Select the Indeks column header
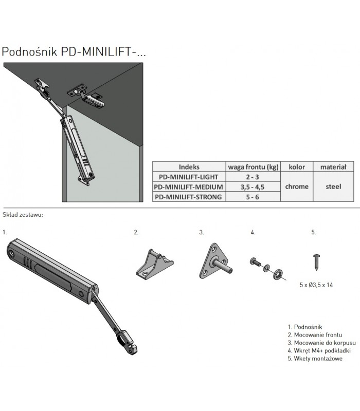189,167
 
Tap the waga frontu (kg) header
253,167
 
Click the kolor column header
297,167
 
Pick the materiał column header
333,167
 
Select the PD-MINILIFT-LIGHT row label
189,177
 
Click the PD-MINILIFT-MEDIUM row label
189,186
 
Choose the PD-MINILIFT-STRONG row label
189,196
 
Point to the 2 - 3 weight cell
253,177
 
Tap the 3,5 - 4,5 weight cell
253,186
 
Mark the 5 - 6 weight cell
253,196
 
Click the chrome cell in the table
297,186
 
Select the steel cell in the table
333,186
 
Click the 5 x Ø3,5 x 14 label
315,285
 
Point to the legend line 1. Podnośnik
307,326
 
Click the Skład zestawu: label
23,214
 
